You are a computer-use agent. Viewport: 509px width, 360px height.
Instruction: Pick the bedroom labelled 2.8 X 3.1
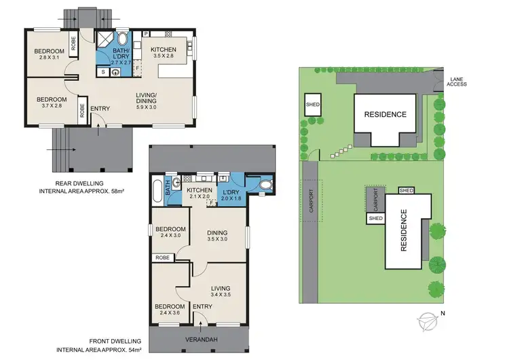[50, 56]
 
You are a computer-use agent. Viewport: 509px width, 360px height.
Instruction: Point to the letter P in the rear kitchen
[146, 33]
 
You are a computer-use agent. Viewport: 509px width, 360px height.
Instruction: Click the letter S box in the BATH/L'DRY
[103, 71]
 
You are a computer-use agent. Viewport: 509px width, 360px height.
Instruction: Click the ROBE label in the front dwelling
[163, 258]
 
